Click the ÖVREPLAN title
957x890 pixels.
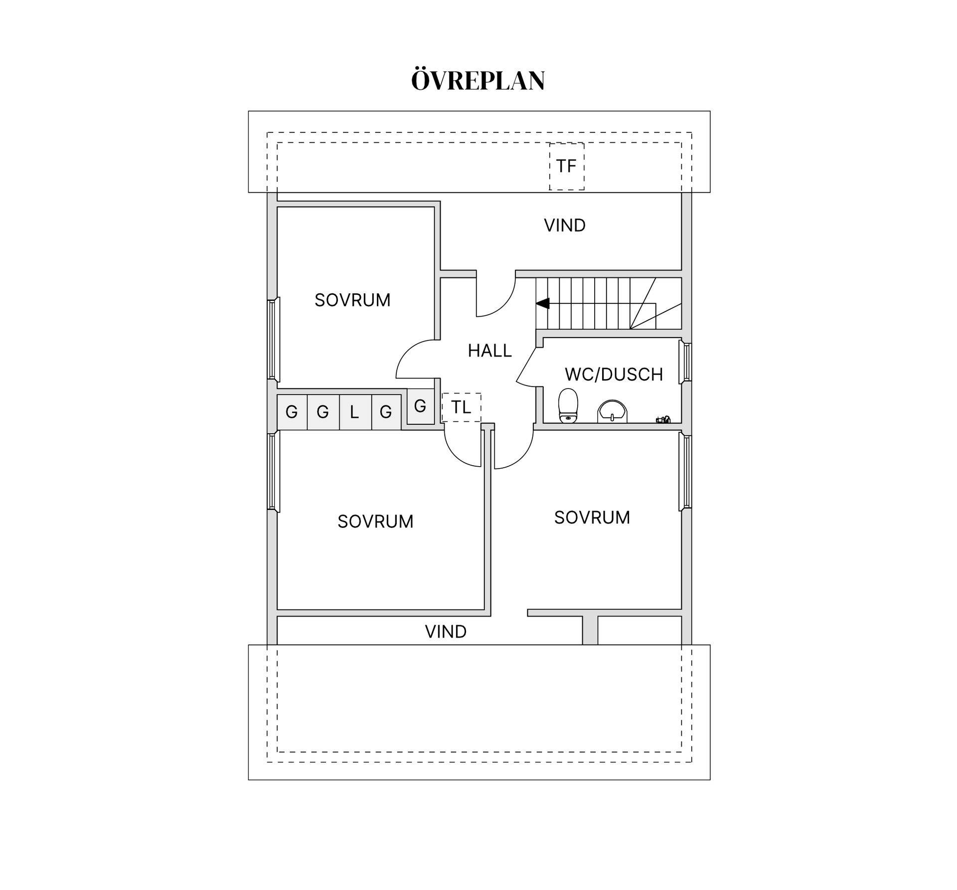pos(478,80)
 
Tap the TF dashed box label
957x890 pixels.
pos(566,166)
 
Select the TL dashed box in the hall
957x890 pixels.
pos(462,407)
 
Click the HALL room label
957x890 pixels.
pos(489,351)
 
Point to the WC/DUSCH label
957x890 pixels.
pos(614,374)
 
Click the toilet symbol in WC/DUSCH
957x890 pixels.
pos(568,405)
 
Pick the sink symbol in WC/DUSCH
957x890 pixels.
pos(613,411)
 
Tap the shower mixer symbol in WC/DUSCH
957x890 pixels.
pos(663,419)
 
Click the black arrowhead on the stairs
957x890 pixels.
pos(543,303)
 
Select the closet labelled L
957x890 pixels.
pos(355,412)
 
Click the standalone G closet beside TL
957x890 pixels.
pos(420,406)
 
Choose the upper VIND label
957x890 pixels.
pos(565,226)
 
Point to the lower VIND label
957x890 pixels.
pos(446,632)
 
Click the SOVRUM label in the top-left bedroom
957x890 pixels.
pos(352,300)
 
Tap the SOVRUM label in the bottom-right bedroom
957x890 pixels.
pos(592,517)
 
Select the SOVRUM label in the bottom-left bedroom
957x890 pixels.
pos(375,521)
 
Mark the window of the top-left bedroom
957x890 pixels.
pos(273,340)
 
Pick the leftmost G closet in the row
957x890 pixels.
pos(292,412)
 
